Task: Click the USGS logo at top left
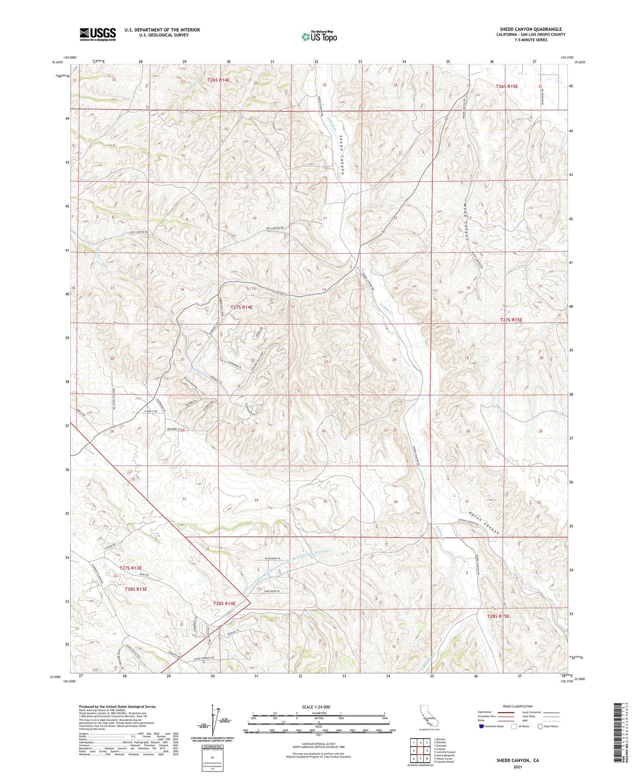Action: (x=98, y=34)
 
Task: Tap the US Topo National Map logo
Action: (x=319, y=36)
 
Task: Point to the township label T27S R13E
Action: (x=130, y=568)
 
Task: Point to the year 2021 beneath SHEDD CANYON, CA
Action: (x=517, y=767)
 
